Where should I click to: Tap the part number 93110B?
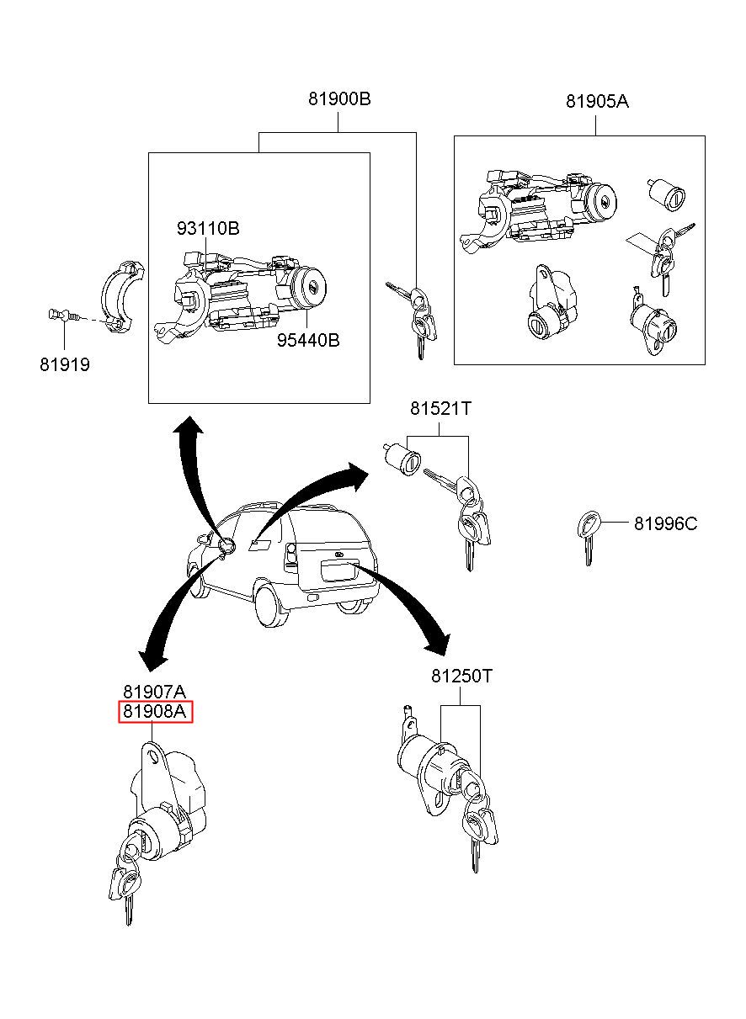[208, 228]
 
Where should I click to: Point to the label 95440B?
[308, 340]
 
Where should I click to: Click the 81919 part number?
[65, 365]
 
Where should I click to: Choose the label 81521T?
[440, 408]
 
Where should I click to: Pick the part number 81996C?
[665, 524]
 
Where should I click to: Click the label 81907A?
[155, 692]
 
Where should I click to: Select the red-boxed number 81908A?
[155, 711]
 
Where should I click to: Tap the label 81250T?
[461, 677]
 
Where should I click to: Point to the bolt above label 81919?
[64, 315]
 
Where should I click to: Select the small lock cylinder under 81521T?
[402, 459]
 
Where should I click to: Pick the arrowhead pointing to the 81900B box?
[188, 425]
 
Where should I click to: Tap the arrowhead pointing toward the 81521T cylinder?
[357, 476]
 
